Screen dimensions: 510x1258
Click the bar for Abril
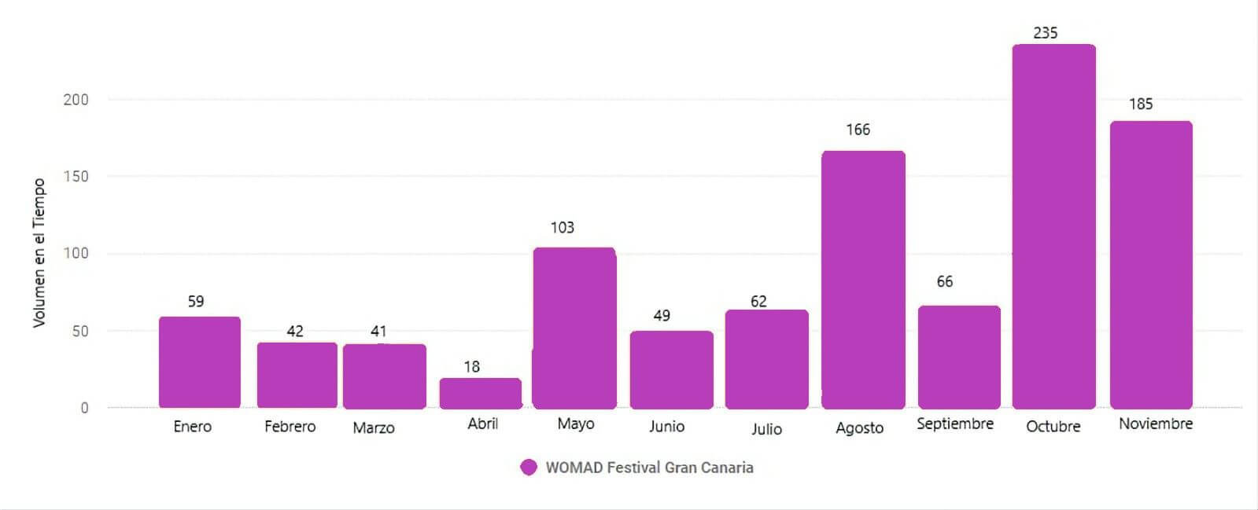click(480, 393)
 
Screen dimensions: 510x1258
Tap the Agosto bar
click(863, 280)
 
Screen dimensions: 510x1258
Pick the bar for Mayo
click(574, 328)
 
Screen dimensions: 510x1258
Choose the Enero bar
click(200, 362)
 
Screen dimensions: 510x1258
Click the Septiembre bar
click(959, 357)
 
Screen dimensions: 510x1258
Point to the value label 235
click(1045, 33)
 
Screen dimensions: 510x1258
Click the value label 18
click(471, 367)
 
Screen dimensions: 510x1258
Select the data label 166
click(858, 130)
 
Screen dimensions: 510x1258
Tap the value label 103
click(562, 228)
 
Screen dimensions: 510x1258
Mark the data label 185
click(1140, 105)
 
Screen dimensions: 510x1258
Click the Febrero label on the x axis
click(290, 427)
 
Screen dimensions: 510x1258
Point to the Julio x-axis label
click(765, 429)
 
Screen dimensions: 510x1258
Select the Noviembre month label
click(1155, 424)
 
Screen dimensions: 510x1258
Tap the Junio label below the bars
click(666, 427)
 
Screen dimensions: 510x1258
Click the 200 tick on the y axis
click(76, 100)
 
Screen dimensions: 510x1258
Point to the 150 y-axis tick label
click(76, 177)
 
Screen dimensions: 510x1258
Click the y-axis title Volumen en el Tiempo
click(39, 253)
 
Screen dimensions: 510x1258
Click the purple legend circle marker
click(529, 468)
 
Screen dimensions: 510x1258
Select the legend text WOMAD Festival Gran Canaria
click(649, 468)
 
